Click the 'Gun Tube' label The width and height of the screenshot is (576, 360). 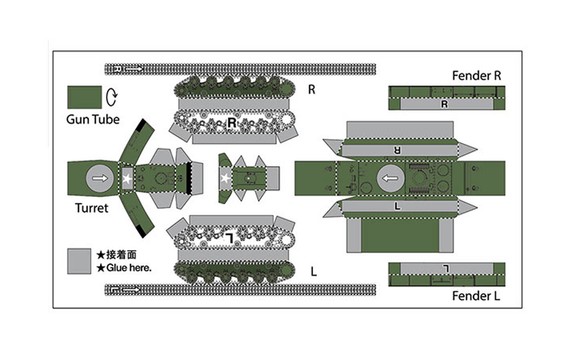coord(93,119)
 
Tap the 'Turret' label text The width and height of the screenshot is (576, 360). coord(92,208)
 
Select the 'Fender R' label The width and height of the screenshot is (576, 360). coord(476,76)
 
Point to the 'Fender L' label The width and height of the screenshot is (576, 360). coord(476,296)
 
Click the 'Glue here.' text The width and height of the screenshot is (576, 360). coord(128,268)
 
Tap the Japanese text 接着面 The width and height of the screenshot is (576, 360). coord(121,254)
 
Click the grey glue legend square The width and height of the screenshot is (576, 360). coord(79,261)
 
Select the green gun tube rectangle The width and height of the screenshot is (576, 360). coord(84,97)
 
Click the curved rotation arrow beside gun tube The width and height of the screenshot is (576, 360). coord(112,97)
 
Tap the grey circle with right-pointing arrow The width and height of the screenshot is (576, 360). coord(100,178)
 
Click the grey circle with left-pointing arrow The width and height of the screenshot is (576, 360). coord(390,178)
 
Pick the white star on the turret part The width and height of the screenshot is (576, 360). coord(127,178)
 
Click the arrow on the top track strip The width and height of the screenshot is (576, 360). coord(134,69)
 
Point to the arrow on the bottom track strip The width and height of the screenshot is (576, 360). coord(131,290)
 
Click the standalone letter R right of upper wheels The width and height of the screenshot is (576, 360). coord(312,90)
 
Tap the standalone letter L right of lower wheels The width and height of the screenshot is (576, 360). coord(314,272)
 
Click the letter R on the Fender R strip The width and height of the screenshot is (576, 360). coord(444,104)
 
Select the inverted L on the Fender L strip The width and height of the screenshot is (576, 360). coord(446,268)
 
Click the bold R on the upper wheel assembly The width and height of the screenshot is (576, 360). coord(231,123)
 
